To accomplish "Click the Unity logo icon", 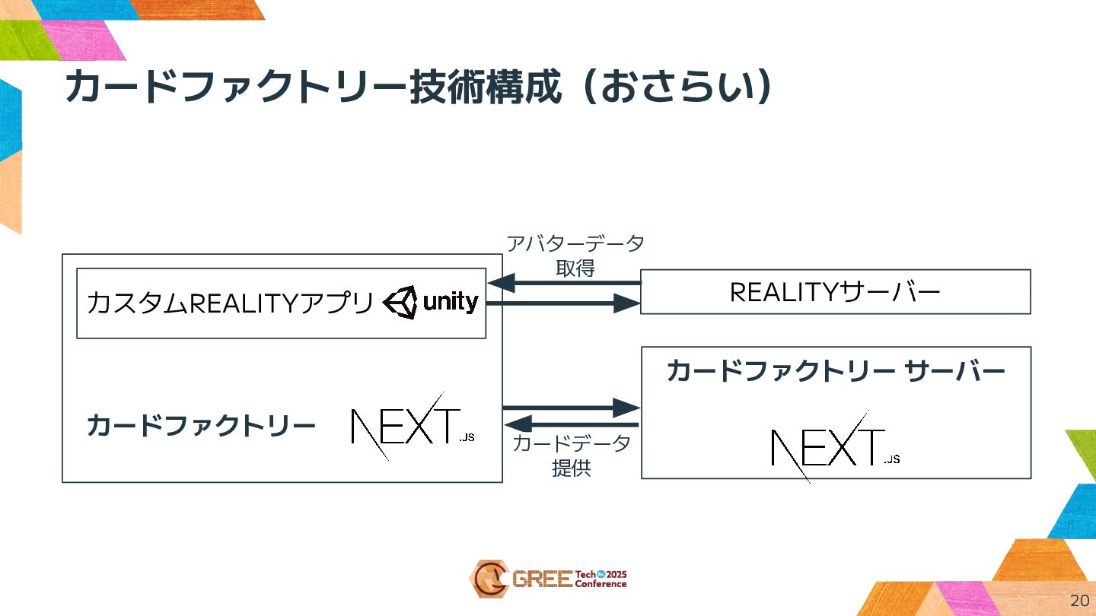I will point(400,303).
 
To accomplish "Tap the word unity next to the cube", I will point(451,303).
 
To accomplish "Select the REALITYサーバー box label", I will point(835,292).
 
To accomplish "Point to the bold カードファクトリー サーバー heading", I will point(836,371).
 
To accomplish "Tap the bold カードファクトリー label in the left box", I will point(201,426).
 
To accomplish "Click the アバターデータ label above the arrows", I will point(575,244).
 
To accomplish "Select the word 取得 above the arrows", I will point(575,268).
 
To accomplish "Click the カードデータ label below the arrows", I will point(572,444).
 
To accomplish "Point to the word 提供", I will point(572,468).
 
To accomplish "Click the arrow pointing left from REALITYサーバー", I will point(564,284).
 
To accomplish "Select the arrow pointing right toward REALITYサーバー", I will point(564,303).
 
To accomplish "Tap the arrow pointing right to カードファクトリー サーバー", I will point(571,407).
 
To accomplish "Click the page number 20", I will point(1079,600).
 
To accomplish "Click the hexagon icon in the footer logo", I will point(488,579).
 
